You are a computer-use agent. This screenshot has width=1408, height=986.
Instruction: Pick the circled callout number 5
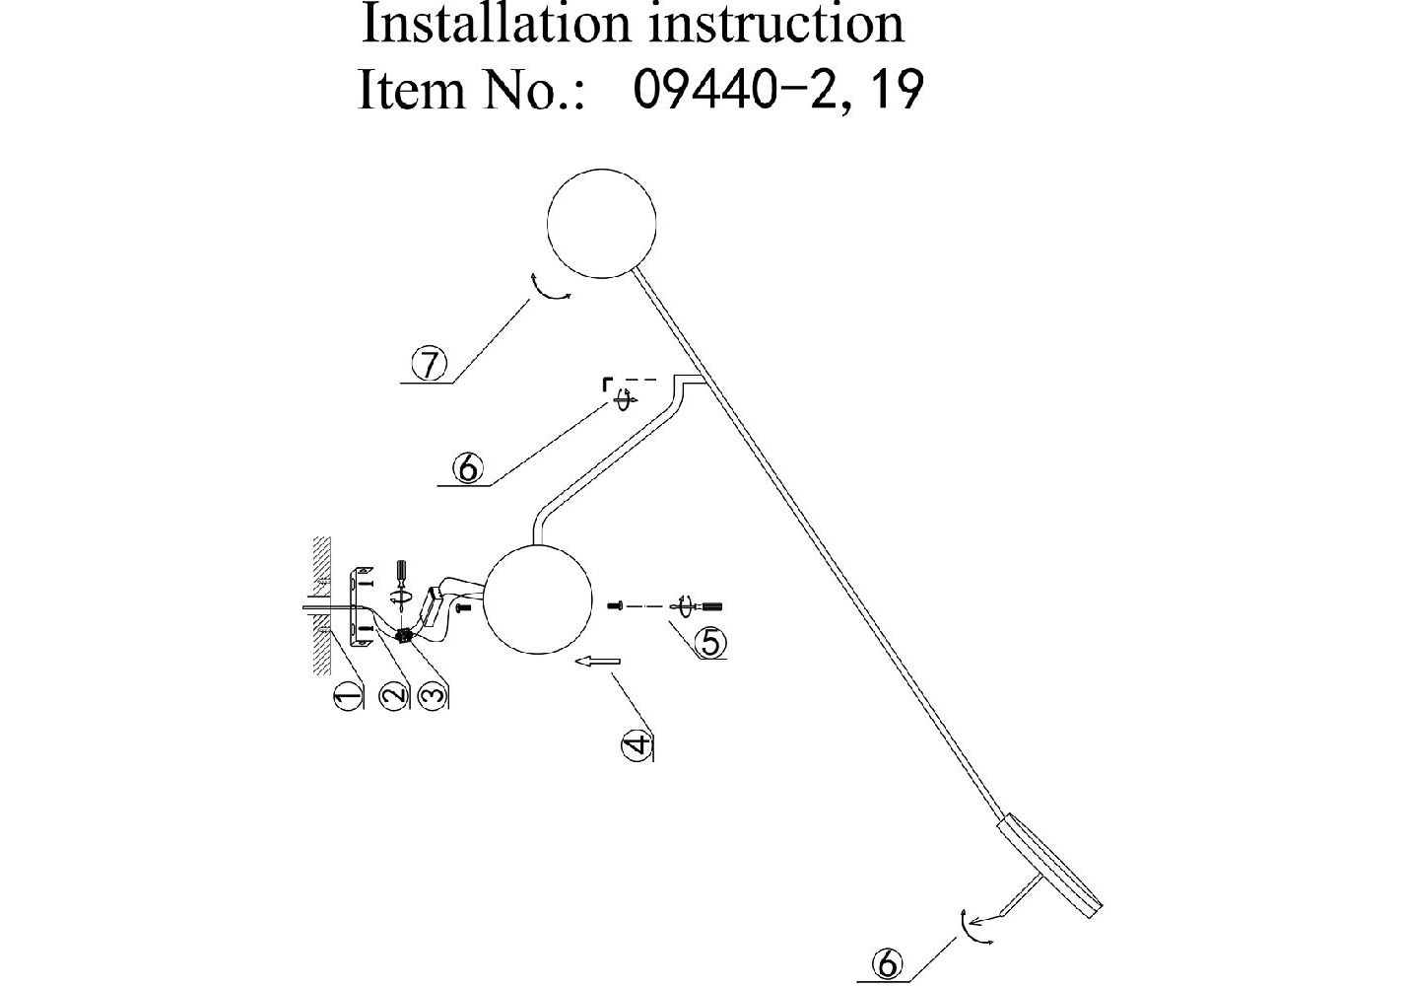click(x=709, y=643)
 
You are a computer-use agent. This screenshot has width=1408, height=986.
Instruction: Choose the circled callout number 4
click(x=637, y=744)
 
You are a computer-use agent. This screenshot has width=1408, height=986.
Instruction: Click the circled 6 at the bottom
click(x=888, y=964)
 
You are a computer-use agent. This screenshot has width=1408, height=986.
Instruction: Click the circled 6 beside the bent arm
click(x=467, y=467)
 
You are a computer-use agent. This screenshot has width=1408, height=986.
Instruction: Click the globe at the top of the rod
click(x=601, y=224)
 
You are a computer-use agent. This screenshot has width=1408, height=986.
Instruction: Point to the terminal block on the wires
click(x=404, y=638)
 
